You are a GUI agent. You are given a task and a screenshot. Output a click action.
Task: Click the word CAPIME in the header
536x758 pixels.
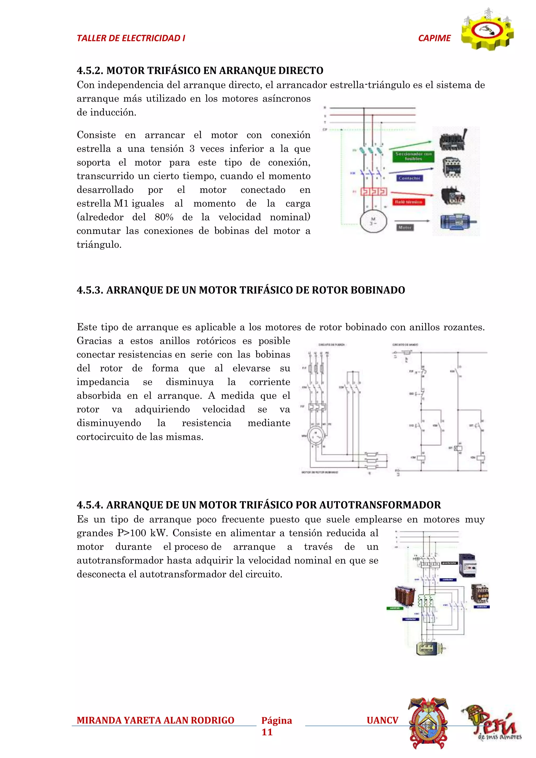[x=434, y=38]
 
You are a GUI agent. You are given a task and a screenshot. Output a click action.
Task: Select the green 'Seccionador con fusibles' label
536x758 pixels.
[x=414, y=156]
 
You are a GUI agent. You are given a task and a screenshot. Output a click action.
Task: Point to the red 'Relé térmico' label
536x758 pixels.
[x=409, y=202]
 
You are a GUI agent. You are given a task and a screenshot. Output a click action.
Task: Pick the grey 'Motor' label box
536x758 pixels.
[x=405, y=227]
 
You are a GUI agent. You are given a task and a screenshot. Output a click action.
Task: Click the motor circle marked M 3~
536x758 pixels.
[x=373, y=221]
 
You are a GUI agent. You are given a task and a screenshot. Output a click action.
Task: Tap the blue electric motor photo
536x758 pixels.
[x=457, y=222]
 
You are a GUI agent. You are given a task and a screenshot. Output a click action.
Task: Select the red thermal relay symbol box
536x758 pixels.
[x=373, y=192]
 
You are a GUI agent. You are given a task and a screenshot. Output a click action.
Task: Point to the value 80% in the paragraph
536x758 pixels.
[x=164, y=217]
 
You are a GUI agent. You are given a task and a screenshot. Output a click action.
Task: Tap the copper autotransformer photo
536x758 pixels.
[x=405, y=596]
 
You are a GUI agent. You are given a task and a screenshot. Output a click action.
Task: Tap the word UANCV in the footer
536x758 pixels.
[x=382, y=720]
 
